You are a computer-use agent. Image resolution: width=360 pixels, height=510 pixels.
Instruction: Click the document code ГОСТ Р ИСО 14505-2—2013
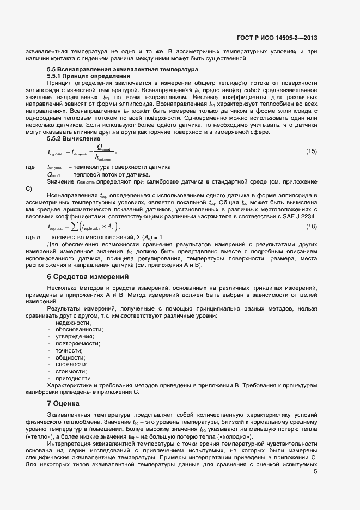point(277,38)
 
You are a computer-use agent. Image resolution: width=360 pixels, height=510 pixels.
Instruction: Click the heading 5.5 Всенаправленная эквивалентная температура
point(123,70)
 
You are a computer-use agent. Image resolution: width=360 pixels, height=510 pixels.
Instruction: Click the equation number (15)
point(311,150)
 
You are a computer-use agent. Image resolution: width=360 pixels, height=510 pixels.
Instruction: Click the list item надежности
point(74,323)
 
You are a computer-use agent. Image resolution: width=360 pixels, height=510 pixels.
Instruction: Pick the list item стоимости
point(71,371)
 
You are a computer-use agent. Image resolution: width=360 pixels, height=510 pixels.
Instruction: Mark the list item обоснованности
point(79,330)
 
